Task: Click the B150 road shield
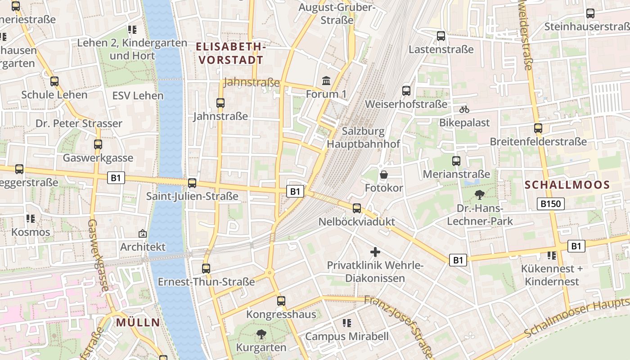pos(551,204)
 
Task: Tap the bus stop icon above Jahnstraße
pos(220,103)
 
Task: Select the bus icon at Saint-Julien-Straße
pos(192,183)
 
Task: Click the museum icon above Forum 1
pos(326,81)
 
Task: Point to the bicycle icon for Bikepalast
pos(464,109)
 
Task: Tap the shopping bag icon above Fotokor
pos(384,174)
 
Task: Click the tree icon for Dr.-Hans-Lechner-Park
pos(480,195)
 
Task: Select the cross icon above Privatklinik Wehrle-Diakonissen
pos(375,252)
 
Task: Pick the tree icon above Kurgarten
pos(261,334)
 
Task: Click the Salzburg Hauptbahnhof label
pos(364,138)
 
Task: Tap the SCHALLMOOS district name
pos(567,184)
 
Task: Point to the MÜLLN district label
pos(138,322)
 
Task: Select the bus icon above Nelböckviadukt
pos(357,208)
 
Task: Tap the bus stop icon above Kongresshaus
pos(281,301)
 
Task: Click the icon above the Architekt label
pos(143,234)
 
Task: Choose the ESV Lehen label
pos(138,95)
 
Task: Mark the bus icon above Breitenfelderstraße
pos(538,128)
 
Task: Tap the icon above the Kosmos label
pos(31,219)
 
